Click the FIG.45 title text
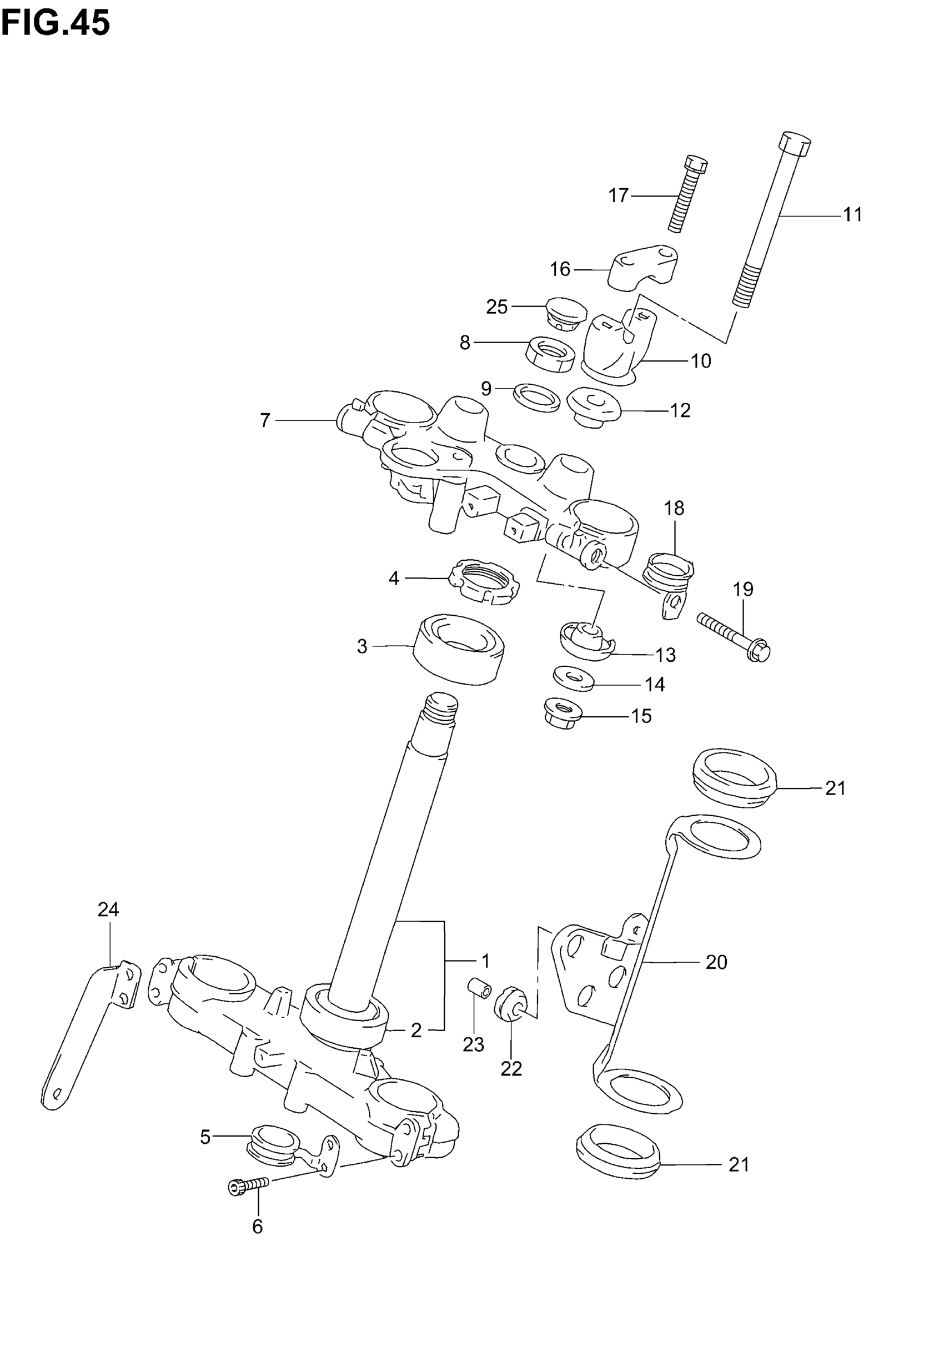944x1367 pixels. tap(56, 24)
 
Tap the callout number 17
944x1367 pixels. tap(618, 195)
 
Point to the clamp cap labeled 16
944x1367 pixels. tap(644, 268)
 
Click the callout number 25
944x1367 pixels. tap(497, 307)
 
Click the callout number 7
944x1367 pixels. tap(265, 420)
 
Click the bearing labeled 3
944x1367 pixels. tap(459, 649)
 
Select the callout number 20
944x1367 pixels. tap(716, 962)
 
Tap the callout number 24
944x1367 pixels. tap(108, 909)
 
